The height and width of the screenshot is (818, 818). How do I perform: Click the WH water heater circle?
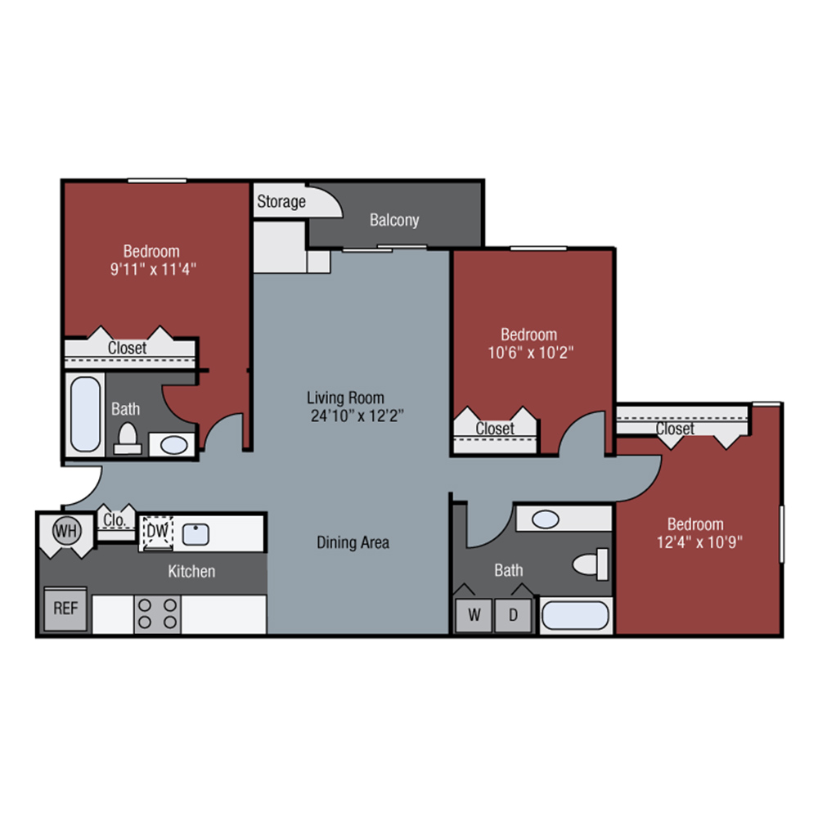(67, 531)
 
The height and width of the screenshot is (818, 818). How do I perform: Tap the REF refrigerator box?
(65, 609)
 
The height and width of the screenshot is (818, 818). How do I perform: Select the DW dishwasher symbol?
(158, 533)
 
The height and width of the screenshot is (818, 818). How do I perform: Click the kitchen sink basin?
(196, 535)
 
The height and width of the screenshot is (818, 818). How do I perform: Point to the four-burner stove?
(157, 614)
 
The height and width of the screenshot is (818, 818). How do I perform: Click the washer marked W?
(474, 615)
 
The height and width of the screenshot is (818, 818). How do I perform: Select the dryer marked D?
(514, 615)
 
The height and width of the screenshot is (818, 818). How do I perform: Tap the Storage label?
(281, 201)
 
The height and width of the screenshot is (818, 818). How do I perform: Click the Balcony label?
(394, 220)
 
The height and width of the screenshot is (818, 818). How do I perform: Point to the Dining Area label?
(353, 542)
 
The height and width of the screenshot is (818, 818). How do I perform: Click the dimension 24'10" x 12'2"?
(357, 416)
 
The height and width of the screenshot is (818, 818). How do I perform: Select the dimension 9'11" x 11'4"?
(154, 269)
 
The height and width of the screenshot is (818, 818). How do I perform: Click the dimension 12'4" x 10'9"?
(699, 542)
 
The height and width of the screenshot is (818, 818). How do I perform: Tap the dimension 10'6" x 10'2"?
(531, 353)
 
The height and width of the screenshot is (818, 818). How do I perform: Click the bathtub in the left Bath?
(86, 414)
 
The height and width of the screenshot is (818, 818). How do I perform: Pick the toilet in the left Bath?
(128, 438)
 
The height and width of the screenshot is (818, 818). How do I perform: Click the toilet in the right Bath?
(591, 564)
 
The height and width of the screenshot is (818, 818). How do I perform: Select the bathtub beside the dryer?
(575, 616)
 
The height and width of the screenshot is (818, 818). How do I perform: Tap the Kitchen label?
(191, 571)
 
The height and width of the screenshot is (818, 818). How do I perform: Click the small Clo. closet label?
(115, 519)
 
